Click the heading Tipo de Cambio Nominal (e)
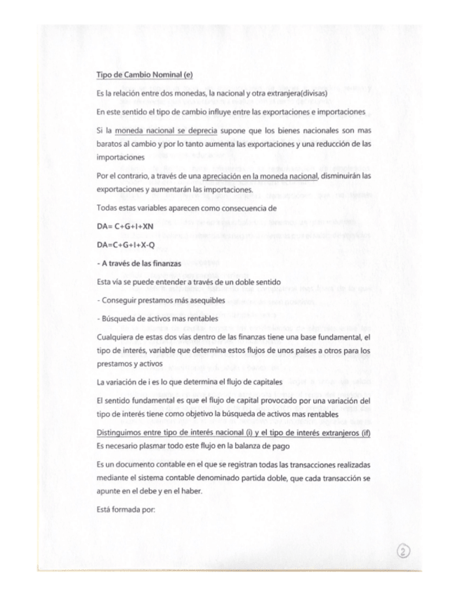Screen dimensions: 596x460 tap(145, 74)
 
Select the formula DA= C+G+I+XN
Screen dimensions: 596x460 tap(125, 226)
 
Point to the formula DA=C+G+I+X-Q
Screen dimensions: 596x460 tap(126, 245)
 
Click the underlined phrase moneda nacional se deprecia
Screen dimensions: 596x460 tap(166, 131)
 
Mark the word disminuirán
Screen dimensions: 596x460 tap(342, 176)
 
